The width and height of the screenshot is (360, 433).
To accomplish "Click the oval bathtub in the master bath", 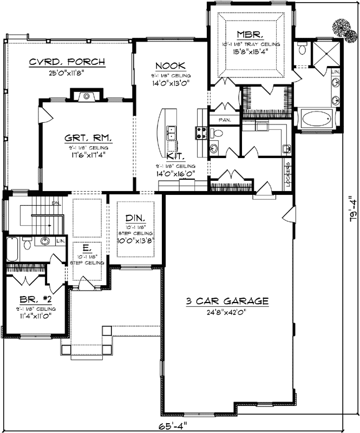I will point(316,119).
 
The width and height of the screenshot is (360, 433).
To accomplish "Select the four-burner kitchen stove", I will point(202,133).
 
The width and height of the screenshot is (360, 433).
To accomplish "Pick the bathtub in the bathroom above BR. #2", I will point(13,250).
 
